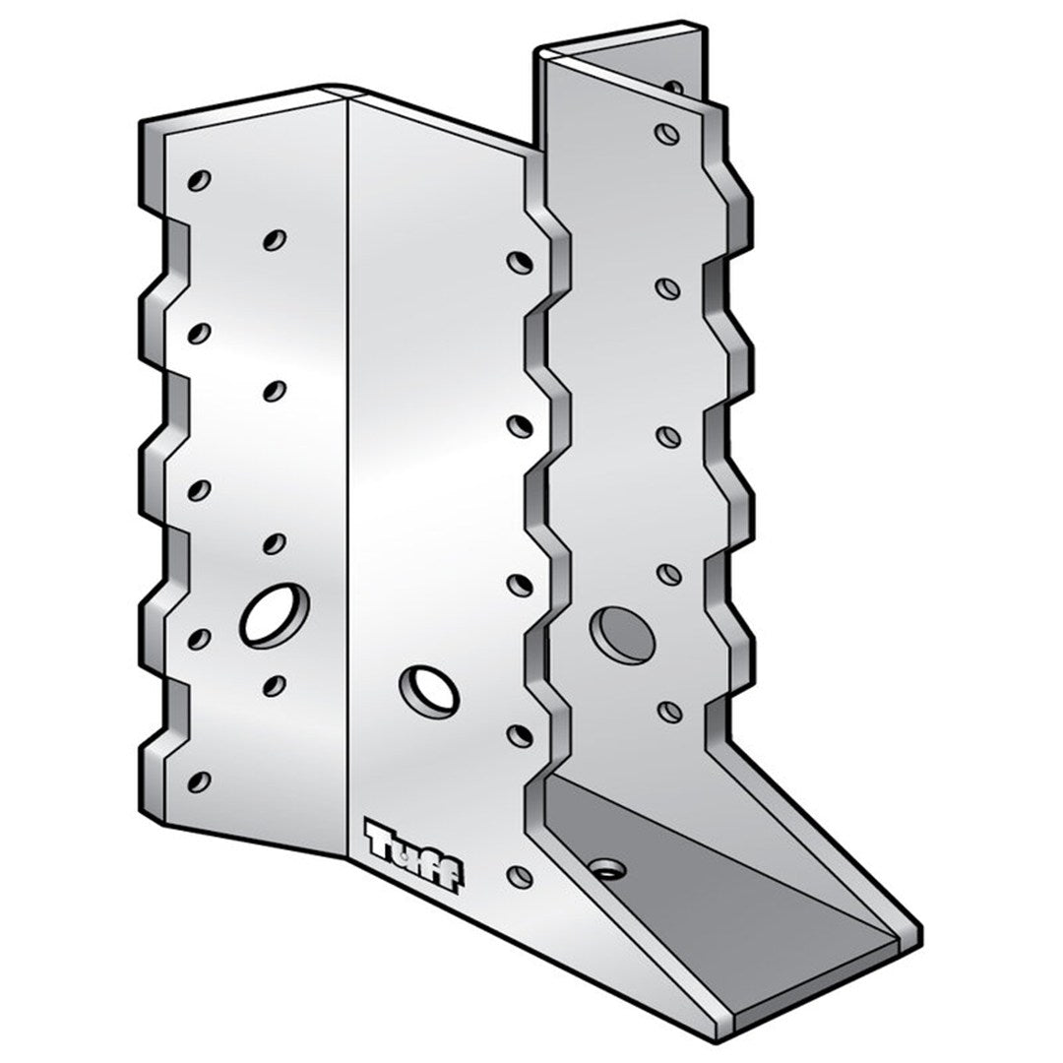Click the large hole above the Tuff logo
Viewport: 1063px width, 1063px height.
click(x=430, y=691)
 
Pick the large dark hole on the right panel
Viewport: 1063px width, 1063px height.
click(x=622, y=633)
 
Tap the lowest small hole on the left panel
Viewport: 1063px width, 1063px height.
click(x=199, y=782)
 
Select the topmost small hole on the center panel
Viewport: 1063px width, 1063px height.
click(x=518, y=262)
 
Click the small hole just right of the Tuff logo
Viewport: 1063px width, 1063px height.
click(x=519, y=875)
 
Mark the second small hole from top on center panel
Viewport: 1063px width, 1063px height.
click(x=518, y=425)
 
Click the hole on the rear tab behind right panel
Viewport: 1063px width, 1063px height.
click(x=673, y=87)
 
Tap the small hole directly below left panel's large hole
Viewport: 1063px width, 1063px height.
click(x=275, y=683)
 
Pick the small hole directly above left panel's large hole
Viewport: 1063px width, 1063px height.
click(x=275, y=542)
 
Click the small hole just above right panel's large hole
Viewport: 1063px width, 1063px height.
click(x=667, y=573)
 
